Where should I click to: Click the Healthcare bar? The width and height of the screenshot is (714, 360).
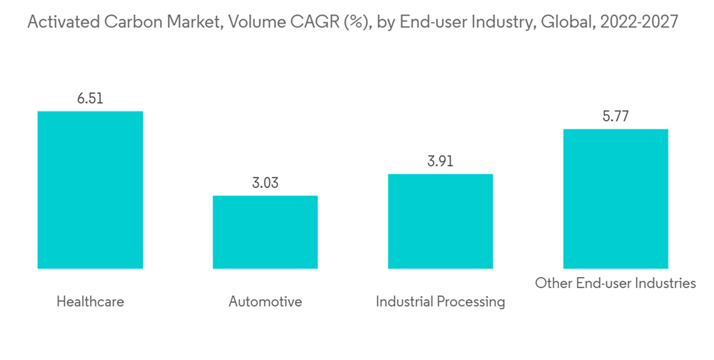90,190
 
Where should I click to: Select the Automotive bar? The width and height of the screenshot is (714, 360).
265,232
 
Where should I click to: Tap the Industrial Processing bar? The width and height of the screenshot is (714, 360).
440,221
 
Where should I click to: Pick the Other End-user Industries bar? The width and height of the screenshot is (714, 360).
615,199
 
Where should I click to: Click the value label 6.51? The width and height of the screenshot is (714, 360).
90,99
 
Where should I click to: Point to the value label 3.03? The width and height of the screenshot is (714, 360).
265,183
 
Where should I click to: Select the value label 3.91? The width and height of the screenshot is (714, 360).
440,161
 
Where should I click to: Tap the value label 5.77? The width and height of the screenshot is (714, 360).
615,116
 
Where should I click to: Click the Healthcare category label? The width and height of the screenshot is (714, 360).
90,301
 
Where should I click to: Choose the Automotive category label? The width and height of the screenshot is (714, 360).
265,301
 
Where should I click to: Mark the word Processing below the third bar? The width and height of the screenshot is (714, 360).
471,302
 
